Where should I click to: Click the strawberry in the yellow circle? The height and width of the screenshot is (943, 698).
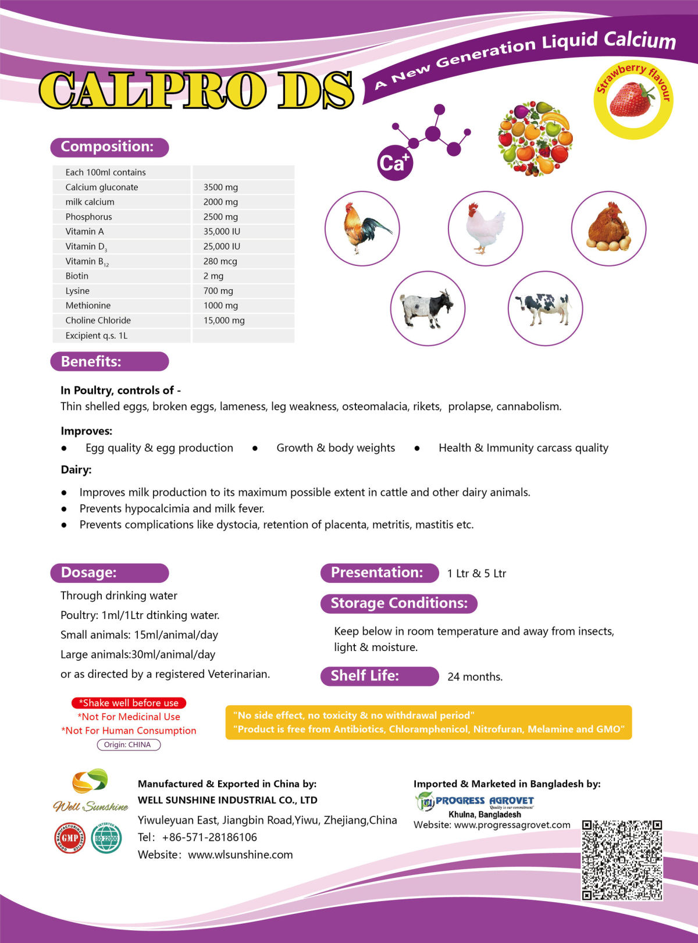(x=631, y=100)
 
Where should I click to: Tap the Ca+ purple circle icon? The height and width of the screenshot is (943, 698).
(x=394, y=163)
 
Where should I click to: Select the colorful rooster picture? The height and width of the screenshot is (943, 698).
(x=362, y=228)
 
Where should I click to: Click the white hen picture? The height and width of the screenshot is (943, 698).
(x=485, y=228)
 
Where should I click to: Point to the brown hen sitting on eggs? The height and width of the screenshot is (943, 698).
(x=608, y=228)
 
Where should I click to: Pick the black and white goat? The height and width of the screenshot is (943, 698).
(x=428, y=308)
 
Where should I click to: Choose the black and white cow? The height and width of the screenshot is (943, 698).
(x=545, y=308)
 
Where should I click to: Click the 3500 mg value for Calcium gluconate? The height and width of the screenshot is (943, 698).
(x=220, y=187)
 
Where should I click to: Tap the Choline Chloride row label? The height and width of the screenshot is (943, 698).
(x=98, y=321)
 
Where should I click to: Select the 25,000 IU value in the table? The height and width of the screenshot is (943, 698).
(x=222, y=247)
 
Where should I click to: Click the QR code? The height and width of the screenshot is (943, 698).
(x=622, y=860)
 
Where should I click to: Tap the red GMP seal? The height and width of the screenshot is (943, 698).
(x=69, y=838)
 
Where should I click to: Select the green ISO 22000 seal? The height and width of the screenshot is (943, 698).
(x=106, y=838)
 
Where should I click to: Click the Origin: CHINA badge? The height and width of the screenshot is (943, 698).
(x=128, y=745)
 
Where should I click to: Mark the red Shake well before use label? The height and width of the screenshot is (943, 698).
(x=129, y=703)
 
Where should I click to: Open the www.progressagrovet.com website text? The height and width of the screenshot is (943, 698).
(x=512, y=825)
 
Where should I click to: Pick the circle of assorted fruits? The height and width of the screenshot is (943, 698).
(x=535, y=138)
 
